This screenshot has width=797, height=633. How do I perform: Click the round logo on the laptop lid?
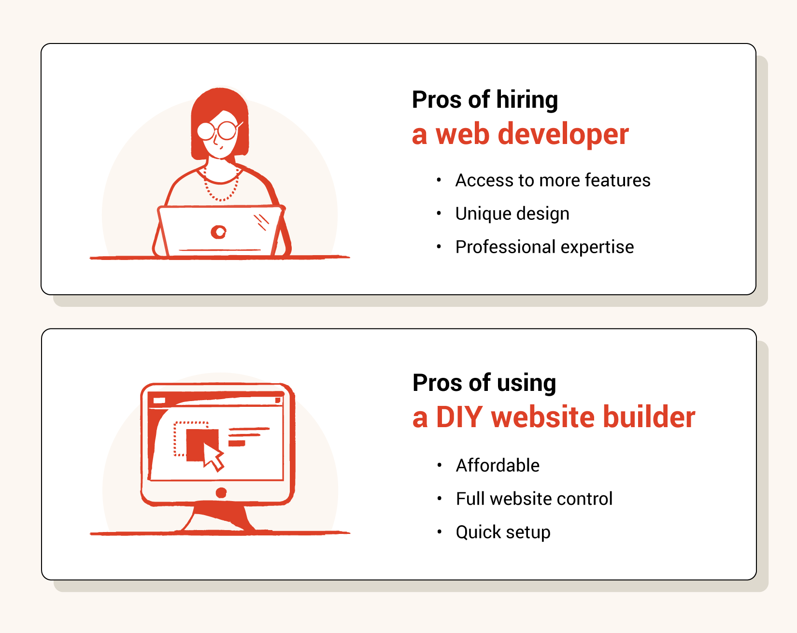[219, 232]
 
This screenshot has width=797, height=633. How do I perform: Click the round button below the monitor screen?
[221, 492]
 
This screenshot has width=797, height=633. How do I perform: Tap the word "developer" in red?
[563, 134]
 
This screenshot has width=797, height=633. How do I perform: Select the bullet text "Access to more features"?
[553, 180]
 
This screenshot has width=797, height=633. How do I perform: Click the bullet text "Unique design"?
[512, 214]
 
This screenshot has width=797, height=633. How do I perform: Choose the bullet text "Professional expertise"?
[545, 247]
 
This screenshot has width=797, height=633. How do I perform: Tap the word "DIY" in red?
[459, 417]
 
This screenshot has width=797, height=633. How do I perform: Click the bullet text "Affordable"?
[498, 465]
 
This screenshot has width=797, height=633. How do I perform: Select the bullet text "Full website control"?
[534, 499]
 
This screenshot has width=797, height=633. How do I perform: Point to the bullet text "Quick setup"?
[503, 532]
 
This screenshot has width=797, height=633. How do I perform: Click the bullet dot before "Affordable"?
[440, 465]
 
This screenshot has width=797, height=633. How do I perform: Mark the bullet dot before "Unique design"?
[439, 213]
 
